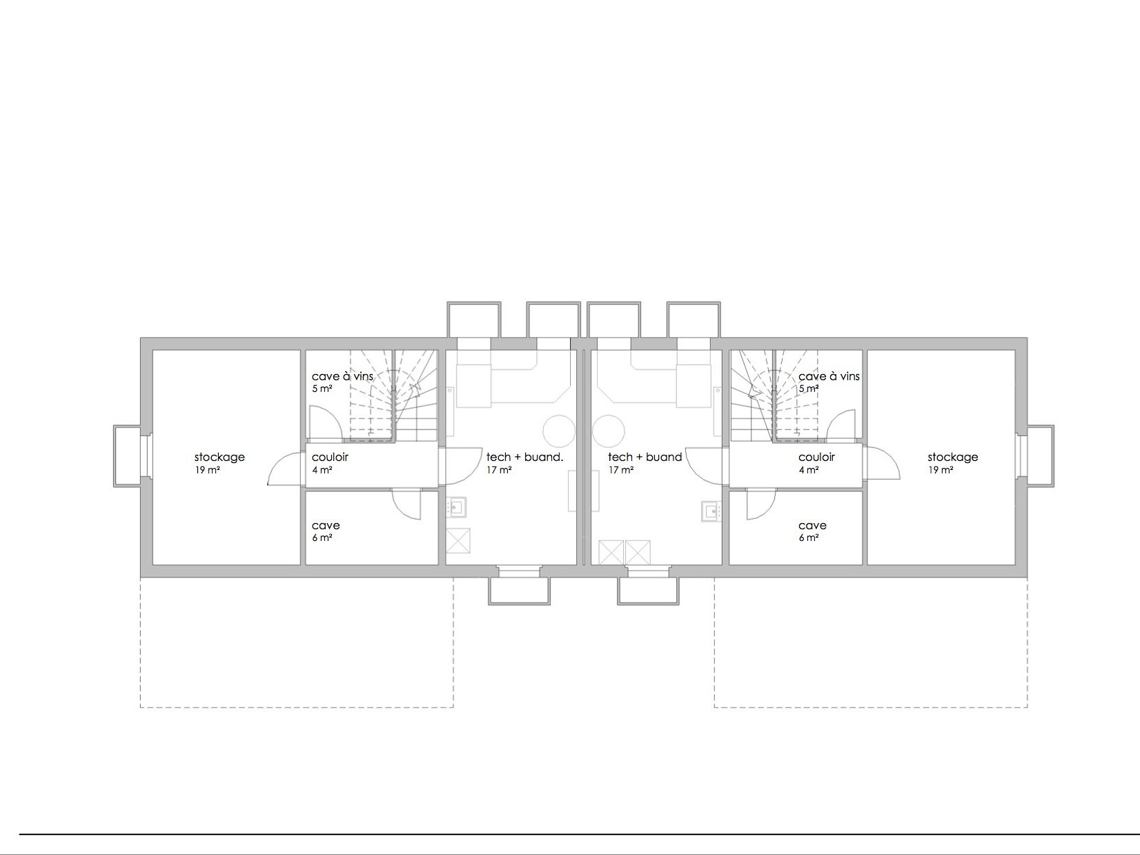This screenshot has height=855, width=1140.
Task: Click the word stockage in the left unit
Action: tap(219, 458)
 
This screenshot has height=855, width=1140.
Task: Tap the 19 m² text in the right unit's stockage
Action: tap(941, 471)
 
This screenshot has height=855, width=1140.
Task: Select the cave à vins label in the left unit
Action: tap(342, 376)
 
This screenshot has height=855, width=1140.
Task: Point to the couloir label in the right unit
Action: tap(816, 458)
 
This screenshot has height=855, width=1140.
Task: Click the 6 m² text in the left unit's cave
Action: tap(322, 538)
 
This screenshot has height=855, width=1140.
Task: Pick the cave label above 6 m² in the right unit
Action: tap(812, 526)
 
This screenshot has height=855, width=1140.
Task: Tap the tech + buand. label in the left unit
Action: tap(524, 458)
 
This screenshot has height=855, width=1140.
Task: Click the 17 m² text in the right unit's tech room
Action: tap(620, 471)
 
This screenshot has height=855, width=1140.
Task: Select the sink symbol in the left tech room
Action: tap(456, 507)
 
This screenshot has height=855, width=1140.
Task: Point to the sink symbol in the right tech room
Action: tap(711, 511)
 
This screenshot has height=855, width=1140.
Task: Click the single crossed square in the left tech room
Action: tap(458, 541)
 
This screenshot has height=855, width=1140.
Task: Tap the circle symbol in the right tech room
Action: tap(608, 431)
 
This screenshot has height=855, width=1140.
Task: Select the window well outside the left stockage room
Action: tap(127, 456)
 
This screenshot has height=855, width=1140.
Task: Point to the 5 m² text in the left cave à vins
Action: tap(322, 389)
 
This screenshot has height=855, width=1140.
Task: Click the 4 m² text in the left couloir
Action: tap(322, 471)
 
